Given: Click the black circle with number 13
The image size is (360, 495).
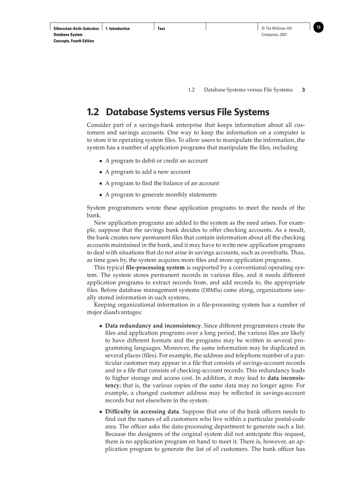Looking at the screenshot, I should pos(319,28).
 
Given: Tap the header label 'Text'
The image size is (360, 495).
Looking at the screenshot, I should pos(161,29).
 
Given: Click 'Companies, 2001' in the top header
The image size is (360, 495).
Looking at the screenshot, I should pos(274,34).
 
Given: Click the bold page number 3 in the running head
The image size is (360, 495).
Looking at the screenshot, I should pos(303,90).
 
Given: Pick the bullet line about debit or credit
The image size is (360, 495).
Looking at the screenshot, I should pos(156,160).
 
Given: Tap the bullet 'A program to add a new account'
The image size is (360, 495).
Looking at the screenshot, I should pos(148,172).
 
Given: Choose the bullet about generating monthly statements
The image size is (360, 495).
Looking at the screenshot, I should pos(161,194).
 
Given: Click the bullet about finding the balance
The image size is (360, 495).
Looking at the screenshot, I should pos(162,183).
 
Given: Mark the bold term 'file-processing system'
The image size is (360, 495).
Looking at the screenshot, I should pos(153,267).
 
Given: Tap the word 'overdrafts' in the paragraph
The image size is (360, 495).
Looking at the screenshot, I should pos(263,252).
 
